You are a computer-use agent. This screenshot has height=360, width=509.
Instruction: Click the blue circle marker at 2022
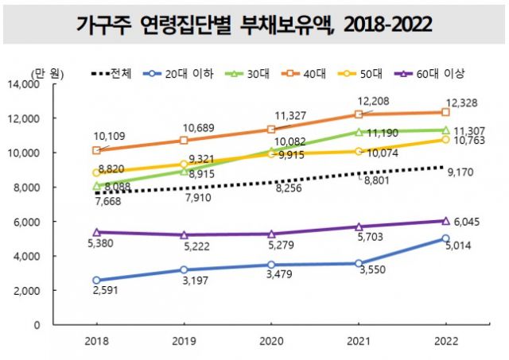[x=445, y=238]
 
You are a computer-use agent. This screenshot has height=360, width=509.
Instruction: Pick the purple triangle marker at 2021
[x=358, y=226]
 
